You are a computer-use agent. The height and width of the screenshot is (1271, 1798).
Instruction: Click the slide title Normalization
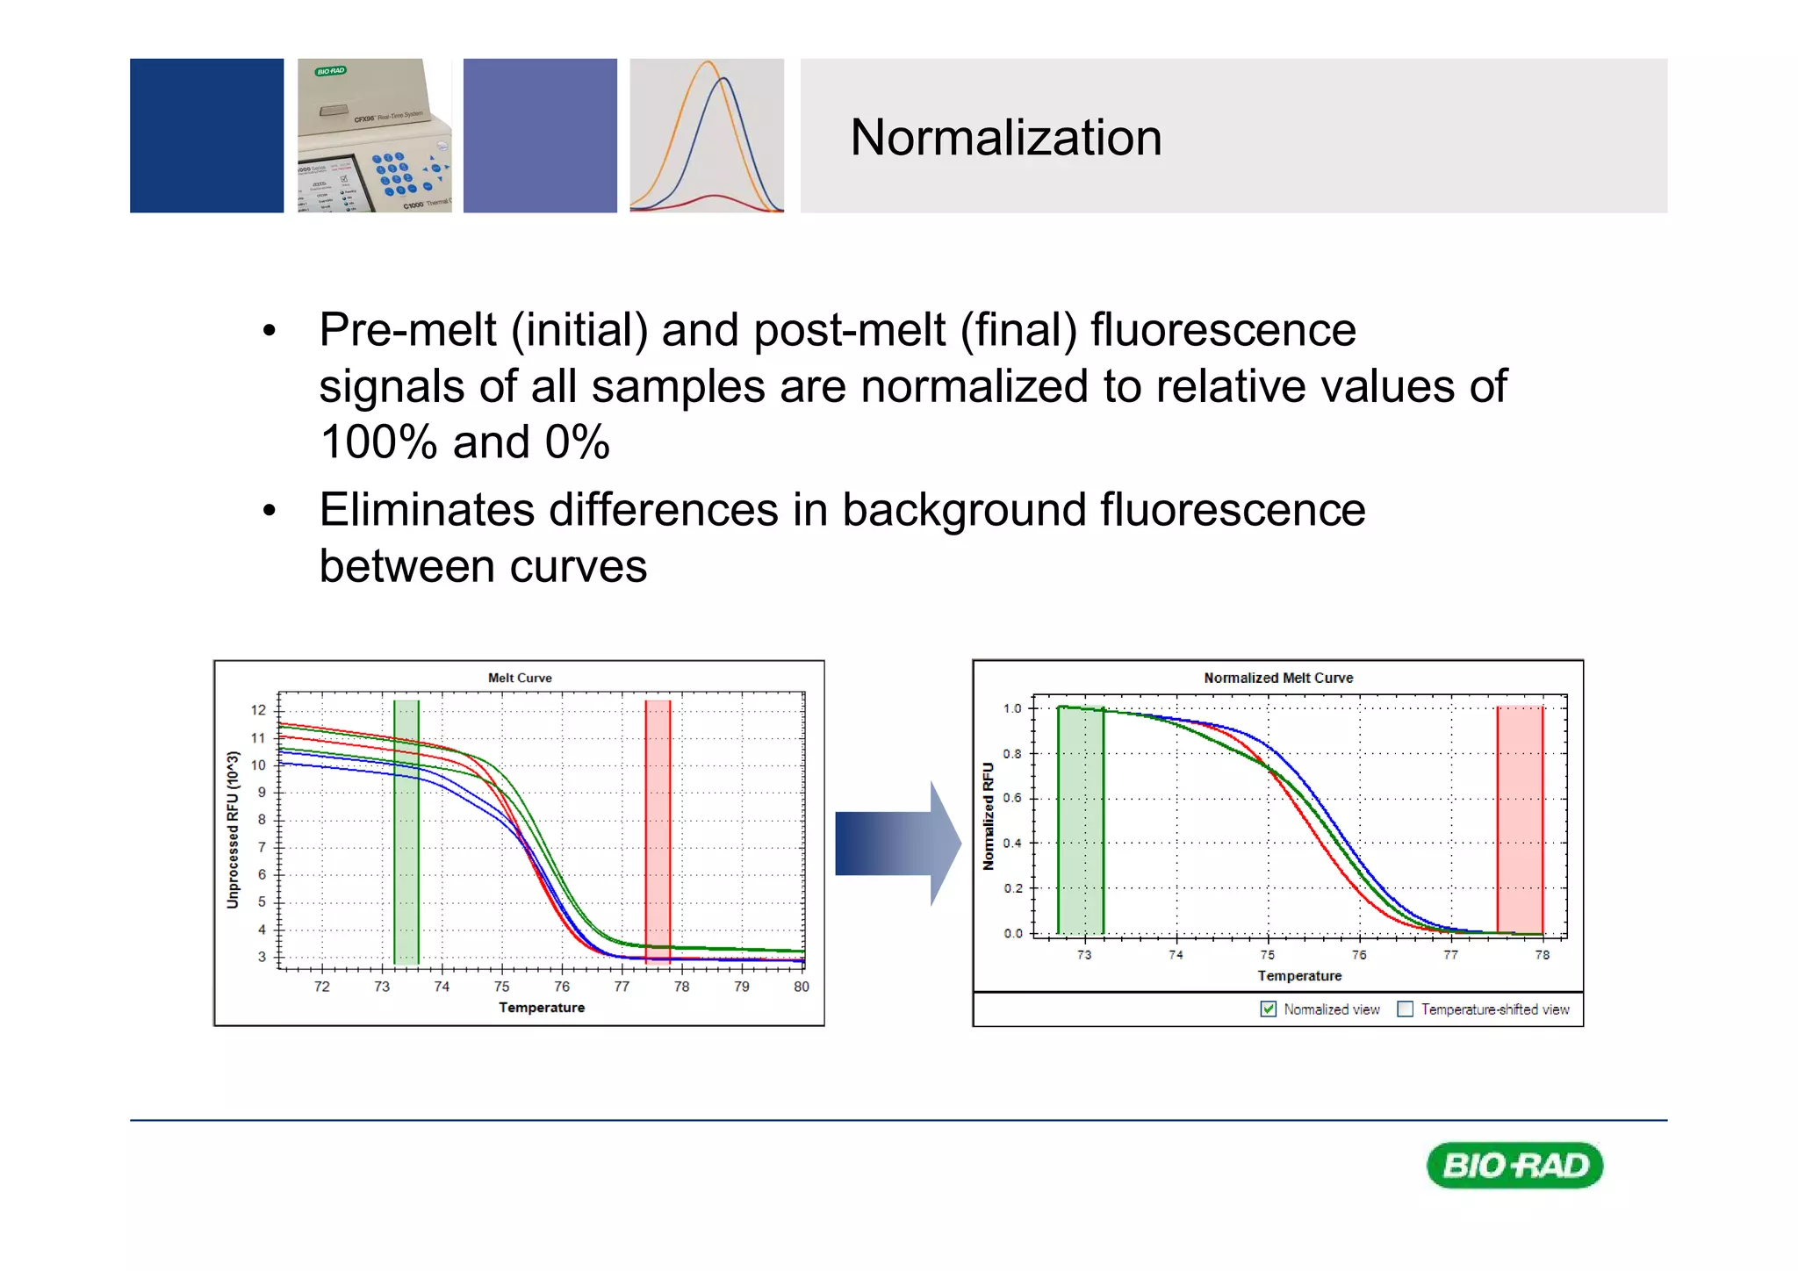tap(1005, 138)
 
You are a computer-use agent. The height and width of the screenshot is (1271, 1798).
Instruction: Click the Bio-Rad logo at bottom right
tap(1514, 1165)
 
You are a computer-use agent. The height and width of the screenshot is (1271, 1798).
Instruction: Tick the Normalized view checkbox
tap(1268, 1009)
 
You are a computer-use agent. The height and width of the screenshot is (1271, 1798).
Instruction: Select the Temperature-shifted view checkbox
tap(1405, 1009)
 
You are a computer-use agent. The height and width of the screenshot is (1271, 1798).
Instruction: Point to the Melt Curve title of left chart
tap(520, 678)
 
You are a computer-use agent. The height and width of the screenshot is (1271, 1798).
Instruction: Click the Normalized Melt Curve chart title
tap(1278, 678)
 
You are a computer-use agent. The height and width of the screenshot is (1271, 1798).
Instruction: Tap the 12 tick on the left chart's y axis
tap(258, 710)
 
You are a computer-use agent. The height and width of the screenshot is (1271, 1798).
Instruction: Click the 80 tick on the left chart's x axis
tap(801, 987)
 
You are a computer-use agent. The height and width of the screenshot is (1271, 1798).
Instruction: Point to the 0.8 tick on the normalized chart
tap(1012, 753)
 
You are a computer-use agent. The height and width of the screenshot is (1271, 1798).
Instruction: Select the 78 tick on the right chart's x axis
tap(1542, 955)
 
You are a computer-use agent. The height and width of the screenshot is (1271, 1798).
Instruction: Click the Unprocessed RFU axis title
tap(233, 829)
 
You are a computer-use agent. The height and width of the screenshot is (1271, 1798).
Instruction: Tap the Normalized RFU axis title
tap(989, 816)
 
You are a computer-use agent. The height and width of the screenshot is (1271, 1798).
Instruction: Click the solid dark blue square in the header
tap(206, 136)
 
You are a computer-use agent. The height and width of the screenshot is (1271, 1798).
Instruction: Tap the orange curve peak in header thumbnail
tap(708, 63)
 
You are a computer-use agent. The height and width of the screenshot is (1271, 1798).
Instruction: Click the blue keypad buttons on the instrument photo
tap(392, 173)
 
